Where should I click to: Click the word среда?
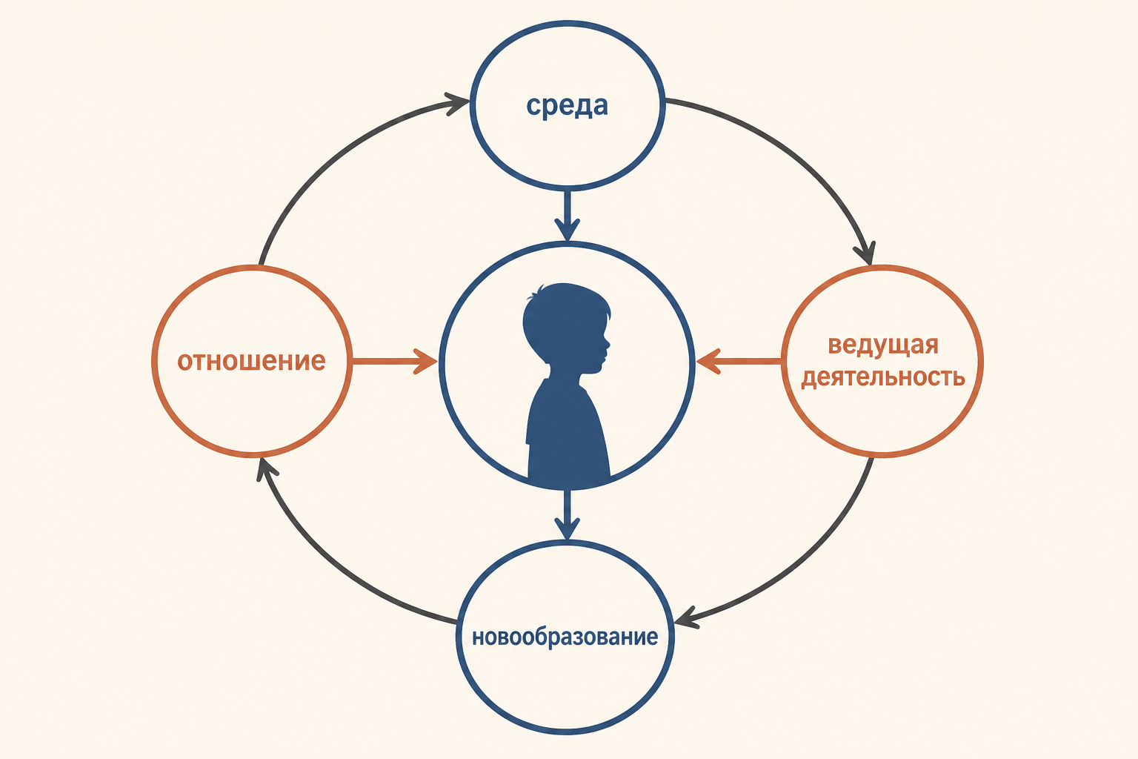pos(567,106)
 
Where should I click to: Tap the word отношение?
pos(251,361)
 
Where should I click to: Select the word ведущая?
pos(883,345)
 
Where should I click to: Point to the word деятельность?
pos(883,377)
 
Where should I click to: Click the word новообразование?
pos(565,637)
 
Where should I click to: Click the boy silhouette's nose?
pos(607,343)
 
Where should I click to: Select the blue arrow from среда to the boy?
pos(567,216)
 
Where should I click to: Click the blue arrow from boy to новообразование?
pos(567,514)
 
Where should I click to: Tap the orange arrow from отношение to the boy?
pos(395,362)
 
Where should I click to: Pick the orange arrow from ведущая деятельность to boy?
pos(739,362)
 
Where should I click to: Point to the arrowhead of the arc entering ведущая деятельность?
pos(865,253)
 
